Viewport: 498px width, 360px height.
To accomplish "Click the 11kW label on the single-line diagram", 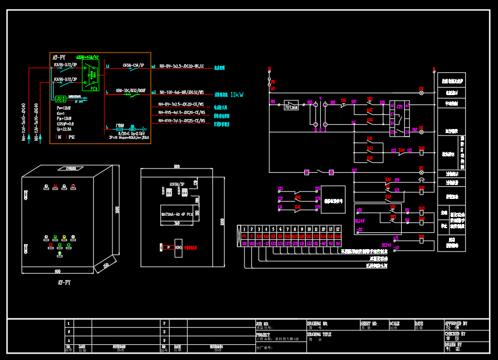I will pyautogui.click(x=237, y=94).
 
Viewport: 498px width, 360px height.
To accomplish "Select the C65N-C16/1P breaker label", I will pyautogui.click(x=134, y=65).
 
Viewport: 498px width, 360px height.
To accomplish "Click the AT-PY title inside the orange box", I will pyautogui.click(x=59, y=58).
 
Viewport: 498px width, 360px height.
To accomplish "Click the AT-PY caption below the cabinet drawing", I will pyautogui.click(x=64, y=282).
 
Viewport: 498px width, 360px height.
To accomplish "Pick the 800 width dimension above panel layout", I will pyautogui.click(x=176, y=167).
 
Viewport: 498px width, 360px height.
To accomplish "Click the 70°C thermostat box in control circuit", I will pyautogui.click(x=290, y=107).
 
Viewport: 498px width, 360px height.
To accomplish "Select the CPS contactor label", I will pyautogui.click(x=399, y=107).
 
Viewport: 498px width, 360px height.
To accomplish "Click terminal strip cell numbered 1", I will pyautogui.click(x=244, y=229).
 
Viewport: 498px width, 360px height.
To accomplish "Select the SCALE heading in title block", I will pyautogui.click(x=395, y=323).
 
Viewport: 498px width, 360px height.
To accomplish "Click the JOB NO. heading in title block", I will pyautogui.click(x=263, y=323).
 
